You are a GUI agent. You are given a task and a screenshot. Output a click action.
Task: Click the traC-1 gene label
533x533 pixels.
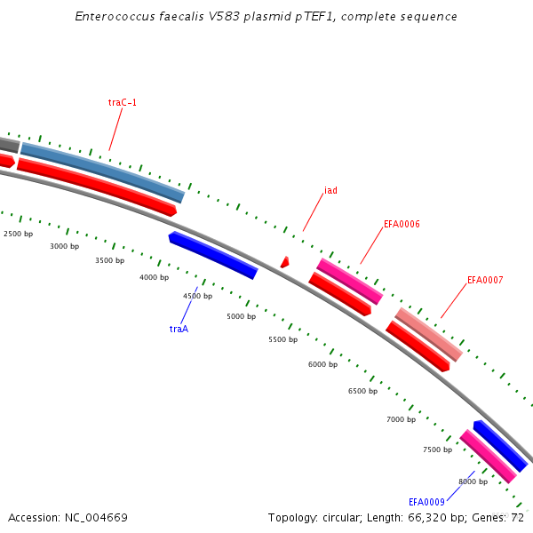123,103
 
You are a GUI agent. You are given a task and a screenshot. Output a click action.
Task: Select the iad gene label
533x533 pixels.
330,190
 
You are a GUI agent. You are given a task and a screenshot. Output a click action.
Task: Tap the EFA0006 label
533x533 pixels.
402,225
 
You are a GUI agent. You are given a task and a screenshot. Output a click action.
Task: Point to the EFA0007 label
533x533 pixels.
485,281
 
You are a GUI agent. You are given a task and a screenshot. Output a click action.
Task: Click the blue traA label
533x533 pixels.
179,329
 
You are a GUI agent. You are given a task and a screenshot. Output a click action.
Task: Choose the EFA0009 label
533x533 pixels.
426,502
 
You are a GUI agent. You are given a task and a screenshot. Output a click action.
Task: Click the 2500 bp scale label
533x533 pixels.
19,234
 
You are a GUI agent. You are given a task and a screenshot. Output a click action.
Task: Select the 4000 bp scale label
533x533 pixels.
154,278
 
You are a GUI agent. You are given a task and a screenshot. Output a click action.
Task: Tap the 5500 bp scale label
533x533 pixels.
282,340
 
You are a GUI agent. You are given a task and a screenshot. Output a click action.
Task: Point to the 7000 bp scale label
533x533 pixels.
401,419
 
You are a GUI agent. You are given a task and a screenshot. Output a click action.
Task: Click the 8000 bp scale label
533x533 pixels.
473,481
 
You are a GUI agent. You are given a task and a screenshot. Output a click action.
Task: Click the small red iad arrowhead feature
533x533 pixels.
284,262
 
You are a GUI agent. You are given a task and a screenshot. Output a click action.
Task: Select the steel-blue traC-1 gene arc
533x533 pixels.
102,169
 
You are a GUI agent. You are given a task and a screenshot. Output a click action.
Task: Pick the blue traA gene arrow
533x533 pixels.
213,256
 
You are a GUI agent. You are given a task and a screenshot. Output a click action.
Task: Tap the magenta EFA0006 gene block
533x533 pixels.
349,280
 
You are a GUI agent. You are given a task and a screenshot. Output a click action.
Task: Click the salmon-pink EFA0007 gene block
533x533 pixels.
428,333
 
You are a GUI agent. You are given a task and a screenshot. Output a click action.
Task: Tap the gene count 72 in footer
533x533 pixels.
519,517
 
